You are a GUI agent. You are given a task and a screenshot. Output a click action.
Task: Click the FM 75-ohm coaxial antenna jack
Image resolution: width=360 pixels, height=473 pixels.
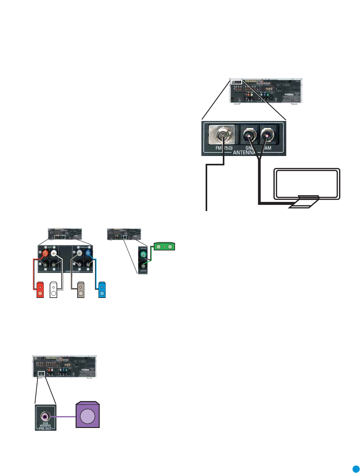point(222,135)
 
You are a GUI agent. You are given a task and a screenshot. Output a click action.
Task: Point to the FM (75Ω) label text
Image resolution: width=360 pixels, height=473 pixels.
point(224,148)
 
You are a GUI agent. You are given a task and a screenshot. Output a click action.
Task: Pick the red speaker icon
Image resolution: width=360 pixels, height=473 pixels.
point(40,290)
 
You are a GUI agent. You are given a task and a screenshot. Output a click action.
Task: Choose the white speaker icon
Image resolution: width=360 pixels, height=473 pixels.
point(53,290)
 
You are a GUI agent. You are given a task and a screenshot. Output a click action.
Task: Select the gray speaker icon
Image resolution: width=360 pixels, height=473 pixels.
point(81,290)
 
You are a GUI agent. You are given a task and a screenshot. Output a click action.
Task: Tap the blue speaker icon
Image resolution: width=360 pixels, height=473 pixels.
point(102,290)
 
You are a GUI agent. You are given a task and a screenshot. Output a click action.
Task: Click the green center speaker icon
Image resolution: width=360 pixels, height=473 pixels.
point(164,247)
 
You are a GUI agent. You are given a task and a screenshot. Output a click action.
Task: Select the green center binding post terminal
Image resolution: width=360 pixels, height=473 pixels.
point(143,254)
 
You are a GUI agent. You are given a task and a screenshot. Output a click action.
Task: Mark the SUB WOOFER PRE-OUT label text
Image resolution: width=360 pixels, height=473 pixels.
point(45,425)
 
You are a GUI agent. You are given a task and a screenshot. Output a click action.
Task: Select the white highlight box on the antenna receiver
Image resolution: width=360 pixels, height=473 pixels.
point(236,82)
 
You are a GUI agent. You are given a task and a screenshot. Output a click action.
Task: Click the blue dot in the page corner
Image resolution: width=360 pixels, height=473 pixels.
point(356,469)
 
